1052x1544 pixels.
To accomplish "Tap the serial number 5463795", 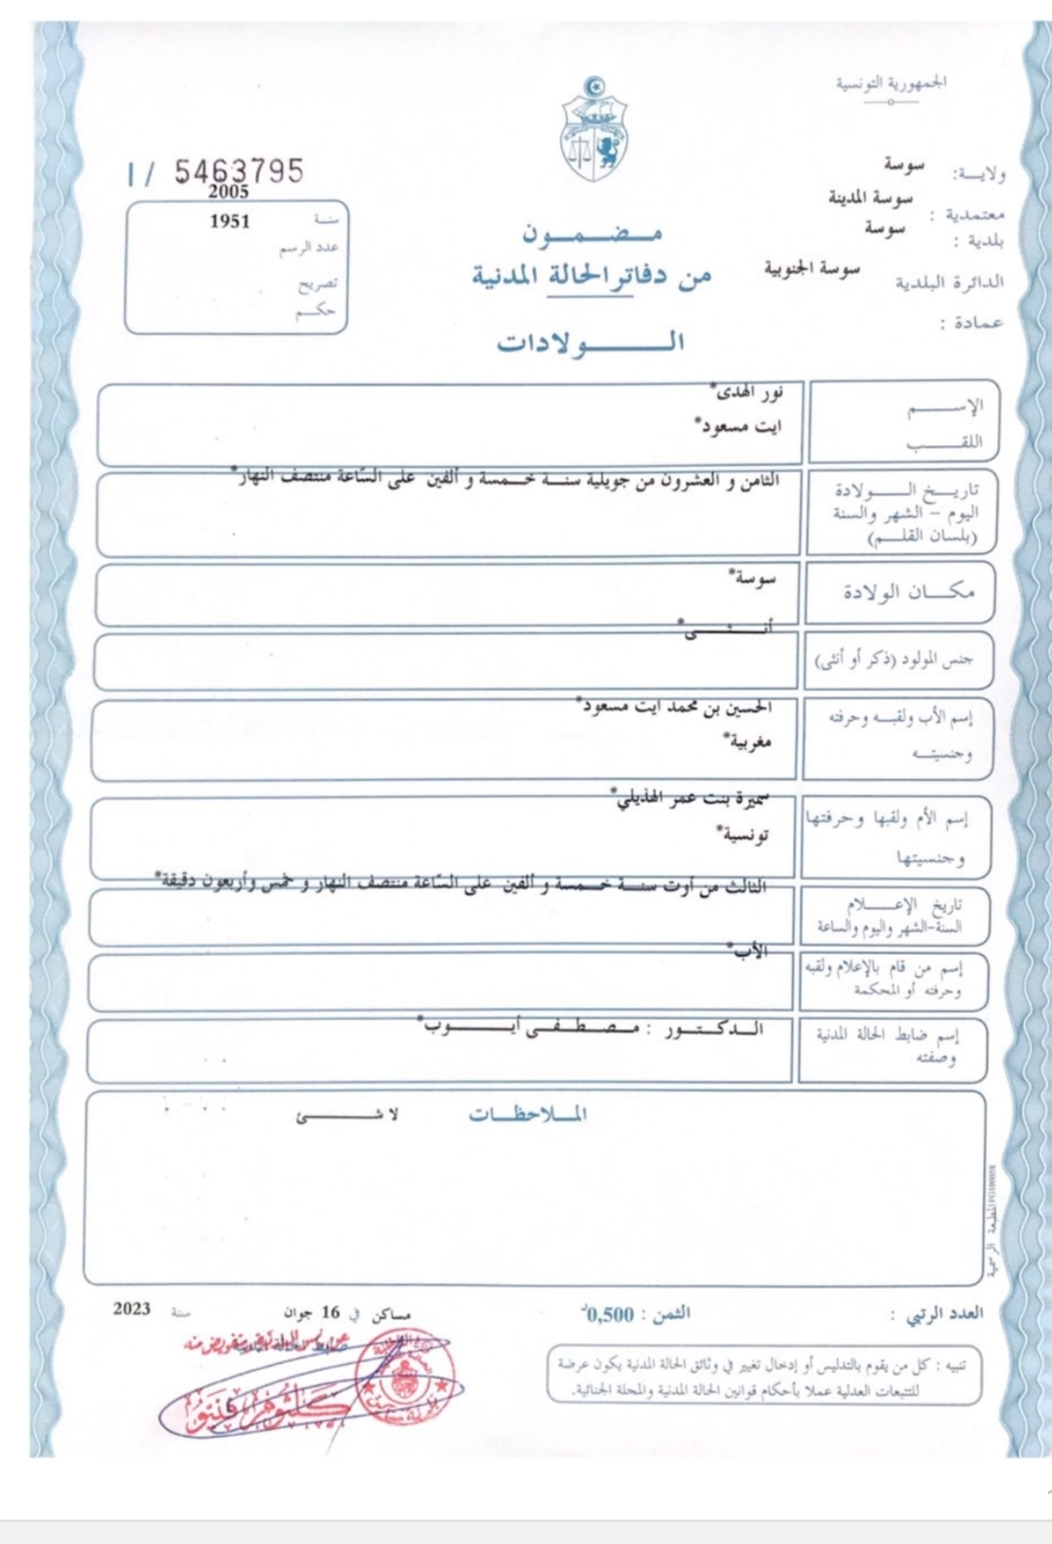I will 239,171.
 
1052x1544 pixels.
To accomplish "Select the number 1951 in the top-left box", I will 230,221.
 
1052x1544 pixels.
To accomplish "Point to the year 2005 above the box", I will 228,192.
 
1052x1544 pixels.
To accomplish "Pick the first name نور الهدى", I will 748,393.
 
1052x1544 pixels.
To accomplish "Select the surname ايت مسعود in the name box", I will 739,426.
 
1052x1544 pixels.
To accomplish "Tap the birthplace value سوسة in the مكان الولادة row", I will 754,578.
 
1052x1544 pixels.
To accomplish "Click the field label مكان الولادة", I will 908,591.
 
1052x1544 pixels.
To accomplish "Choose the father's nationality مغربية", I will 748,741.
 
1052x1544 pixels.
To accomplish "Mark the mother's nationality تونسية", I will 744,835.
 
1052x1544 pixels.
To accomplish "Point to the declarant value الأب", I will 750,951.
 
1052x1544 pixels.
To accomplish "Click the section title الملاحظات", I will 528,1114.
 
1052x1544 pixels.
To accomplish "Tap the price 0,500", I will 610,1314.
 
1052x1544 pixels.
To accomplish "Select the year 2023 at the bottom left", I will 131,1308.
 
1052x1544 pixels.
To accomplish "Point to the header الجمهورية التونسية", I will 891,83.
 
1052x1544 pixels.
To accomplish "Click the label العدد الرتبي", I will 944,1314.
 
